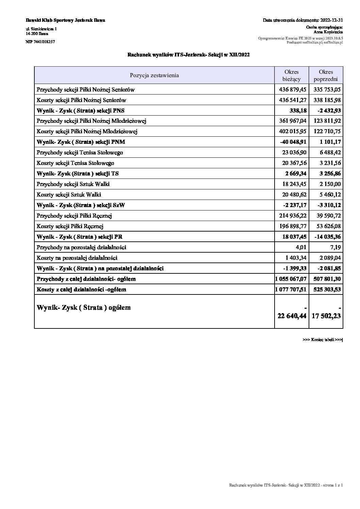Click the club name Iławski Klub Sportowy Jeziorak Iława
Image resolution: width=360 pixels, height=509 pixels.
[65, 20]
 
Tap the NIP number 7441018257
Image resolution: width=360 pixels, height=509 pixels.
[40, 42]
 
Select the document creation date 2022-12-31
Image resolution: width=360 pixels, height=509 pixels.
[331, 20]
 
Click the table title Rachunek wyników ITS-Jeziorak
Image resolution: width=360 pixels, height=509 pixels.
[189, 54]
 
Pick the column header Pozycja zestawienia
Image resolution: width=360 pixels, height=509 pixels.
[154, 75]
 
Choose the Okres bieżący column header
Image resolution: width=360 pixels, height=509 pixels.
[291, 75]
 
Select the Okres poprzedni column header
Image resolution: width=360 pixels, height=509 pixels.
[326, 75]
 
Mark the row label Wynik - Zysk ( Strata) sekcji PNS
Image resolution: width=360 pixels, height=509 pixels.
[81, 111]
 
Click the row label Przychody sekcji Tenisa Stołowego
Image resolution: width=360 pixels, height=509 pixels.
[80, 152]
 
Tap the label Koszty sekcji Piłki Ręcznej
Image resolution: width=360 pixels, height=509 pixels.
[70, 226]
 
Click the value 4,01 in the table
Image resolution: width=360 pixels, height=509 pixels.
[301, 247]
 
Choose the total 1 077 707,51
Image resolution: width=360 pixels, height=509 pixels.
[291, 289]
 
